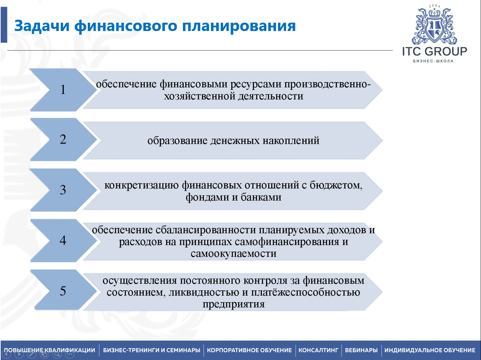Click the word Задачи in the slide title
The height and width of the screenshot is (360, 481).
coord(42,26)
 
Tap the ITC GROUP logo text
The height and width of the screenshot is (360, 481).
coord(434,51)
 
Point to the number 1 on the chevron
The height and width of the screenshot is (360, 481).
coord(63,89)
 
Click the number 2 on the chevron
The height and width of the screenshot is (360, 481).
coord(63,139)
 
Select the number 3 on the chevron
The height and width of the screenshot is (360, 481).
coord(63,190)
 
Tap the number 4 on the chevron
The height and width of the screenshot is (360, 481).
coord(63,240)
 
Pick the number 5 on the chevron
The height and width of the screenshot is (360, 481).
coord(63,291)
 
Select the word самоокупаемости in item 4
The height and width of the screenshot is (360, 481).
coord(233,254)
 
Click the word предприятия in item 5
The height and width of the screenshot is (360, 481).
coord(233,304)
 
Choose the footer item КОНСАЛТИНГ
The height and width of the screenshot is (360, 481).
coord(318,350)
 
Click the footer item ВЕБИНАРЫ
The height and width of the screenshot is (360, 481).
coord(361,350)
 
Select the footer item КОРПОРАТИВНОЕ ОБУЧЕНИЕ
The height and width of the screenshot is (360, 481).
coord(249,350)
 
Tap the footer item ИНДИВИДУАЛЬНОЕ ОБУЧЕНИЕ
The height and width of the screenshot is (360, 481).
coord(430,350)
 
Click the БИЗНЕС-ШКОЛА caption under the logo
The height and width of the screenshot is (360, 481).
coord(433,61)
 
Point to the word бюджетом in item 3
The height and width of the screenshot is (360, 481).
coord(336,185)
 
